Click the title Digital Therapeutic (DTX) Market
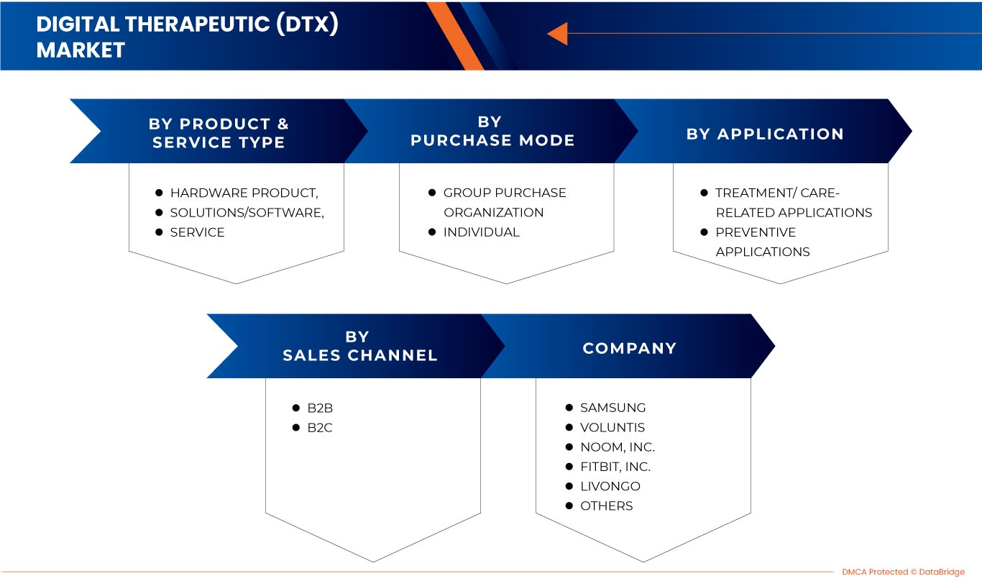tap(187, 37)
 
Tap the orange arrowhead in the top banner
tap(558, 34)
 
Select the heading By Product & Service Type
tap(219, 133)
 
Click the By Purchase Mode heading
tap(492, 131)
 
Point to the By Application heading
tap(765, 134)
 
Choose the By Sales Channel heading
tap(359, 346)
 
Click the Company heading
tap(630, 348)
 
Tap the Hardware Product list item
tap(244, 193)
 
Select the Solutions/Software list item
tap(247, 212)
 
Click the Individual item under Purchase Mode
tap(481, 232)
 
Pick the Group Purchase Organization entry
tap(504, 202)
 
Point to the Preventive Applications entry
tap(762, 242)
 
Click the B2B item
tap(320, 408)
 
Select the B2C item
tap(320, 428)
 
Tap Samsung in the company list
tap(612, 408)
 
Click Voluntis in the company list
tap(612, 427)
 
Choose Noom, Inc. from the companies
tap(617, 447)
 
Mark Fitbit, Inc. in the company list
tap(615, 467)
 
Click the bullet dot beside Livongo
tap(569, 486)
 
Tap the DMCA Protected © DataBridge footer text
tap(903, 572)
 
